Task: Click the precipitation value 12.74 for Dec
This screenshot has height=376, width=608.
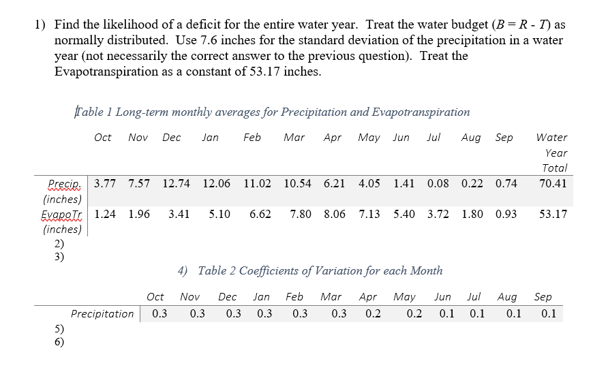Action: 178,183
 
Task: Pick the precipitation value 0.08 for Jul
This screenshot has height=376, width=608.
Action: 438,183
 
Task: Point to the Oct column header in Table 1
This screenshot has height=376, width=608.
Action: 103,138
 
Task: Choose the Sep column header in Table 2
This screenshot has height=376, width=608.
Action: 543,297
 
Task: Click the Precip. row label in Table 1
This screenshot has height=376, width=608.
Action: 65,184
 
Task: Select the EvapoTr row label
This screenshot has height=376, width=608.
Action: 62,214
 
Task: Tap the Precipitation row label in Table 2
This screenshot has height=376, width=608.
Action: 102,314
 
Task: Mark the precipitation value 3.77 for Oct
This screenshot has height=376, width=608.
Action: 105,183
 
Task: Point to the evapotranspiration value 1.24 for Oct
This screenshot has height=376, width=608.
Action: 105,214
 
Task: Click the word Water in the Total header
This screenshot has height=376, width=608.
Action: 551,138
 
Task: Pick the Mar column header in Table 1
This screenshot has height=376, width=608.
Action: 294,138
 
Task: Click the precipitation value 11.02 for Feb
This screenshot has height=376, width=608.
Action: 257,183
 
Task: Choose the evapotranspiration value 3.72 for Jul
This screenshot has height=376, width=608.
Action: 438,214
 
